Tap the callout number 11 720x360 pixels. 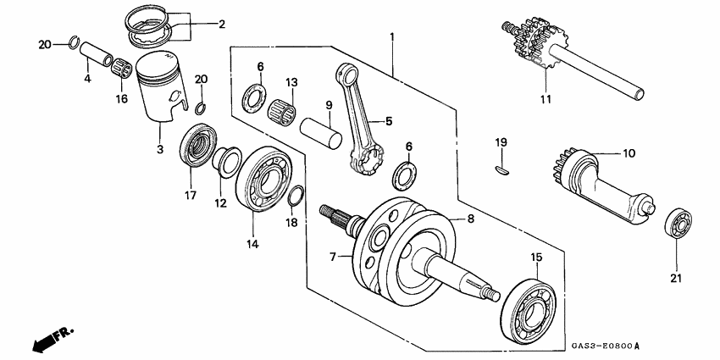(546, 99)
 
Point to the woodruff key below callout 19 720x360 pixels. (501, 169)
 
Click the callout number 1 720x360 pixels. (392, 37)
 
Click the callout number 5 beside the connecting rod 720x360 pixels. (388, 121)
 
